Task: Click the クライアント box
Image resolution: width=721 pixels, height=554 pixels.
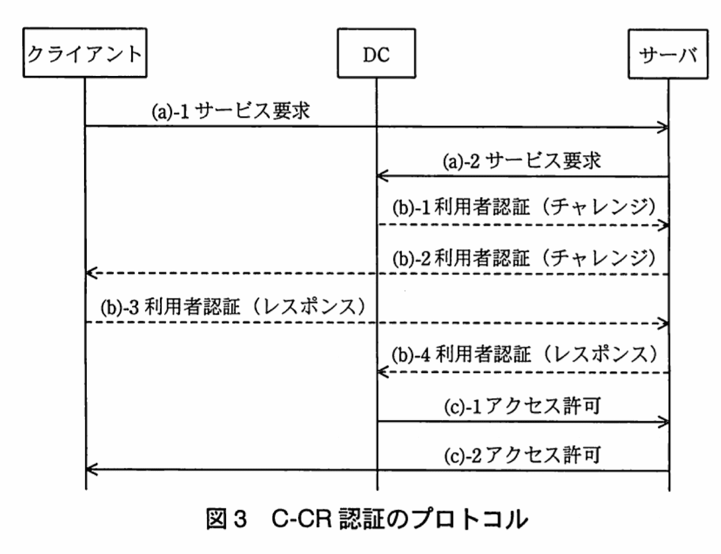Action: [85, 53]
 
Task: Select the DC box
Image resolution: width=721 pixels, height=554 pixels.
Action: [376, 54]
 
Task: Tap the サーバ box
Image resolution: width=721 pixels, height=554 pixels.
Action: [667, 54]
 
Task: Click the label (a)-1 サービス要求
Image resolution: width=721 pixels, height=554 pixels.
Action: [231, 111]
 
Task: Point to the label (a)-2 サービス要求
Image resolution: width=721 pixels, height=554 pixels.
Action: [522, 161]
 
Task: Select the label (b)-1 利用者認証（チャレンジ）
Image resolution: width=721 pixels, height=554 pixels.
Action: [523, 208]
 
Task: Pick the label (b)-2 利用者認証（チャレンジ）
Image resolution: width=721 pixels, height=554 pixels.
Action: [523, 257]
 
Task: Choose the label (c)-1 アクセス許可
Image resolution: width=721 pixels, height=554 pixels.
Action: [522, 406]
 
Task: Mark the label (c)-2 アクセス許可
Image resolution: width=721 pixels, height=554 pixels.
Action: [522, 455]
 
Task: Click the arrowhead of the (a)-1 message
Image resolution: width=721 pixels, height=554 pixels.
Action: [664, 127]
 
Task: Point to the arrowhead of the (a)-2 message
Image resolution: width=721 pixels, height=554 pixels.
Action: [381, 176]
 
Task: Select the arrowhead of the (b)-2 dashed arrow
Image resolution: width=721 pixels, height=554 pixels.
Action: [91, 273]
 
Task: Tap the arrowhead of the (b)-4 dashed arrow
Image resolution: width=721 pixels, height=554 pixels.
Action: [381, 372]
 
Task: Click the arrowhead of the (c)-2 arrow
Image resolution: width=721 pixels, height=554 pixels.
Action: [91, 469]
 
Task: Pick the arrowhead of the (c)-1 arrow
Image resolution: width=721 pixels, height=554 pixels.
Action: [664, 421]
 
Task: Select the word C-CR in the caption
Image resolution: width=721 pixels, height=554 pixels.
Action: [301, 518]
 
